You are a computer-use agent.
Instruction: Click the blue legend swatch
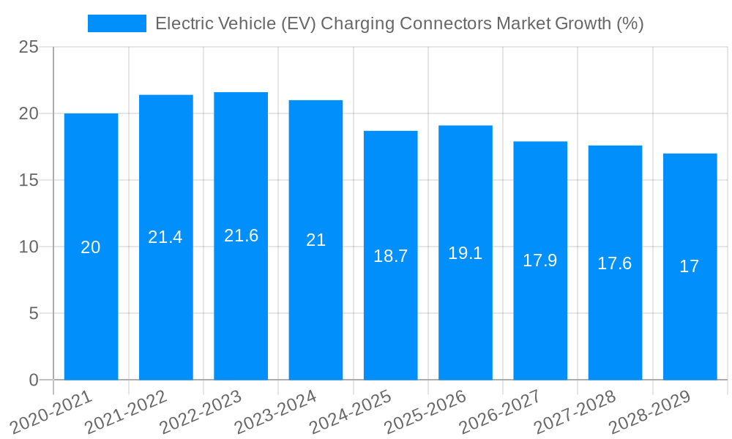pos(116,23)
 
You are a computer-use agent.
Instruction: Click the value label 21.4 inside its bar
pos(165,237)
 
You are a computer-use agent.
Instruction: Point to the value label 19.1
pos(466,253)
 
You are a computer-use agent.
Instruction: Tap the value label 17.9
pos(540,260)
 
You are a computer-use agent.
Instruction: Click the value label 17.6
pos(615,263)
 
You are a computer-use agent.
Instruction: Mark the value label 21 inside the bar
pos(315,240)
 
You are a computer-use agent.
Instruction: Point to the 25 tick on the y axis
pos(29,47)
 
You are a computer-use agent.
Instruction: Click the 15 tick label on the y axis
pos(29,180)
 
